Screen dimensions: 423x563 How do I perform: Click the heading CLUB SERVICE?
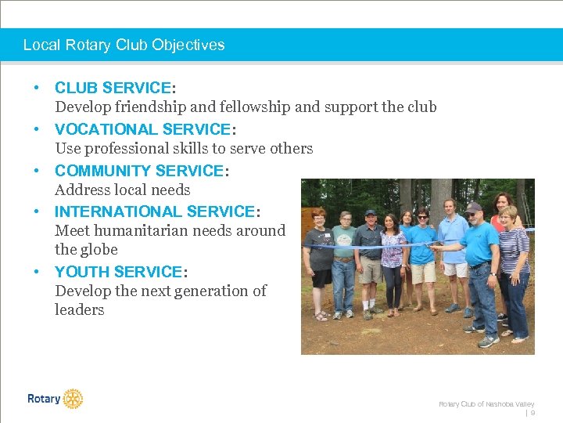click(x=113, y=88)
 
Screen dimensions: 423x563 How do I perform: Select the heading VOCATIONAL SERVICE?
click(x=142, y=129)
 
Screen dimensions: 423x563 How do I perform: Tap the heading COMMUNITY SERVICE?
click(x=139, y=171)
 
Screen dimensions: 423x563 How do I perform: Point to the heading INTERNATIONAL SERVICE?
click(x=155, y=211)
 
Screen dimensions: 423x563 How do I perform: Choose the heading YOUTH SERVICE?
click(x=118, y=272)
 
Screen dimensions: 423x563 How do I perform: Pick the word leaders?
click(x=79, y=309)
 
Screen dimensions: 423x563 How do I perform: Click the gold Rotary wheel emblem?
click(x=73, y=399)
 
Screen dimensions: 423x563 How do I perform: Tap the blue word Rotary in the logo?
click(x=44, y=399)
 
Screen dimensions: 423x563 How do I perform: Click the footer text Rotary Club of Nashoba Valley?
click(x=486, y=403)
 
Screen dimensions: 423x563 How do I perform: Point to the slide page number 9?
click(x=533, y=412)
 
